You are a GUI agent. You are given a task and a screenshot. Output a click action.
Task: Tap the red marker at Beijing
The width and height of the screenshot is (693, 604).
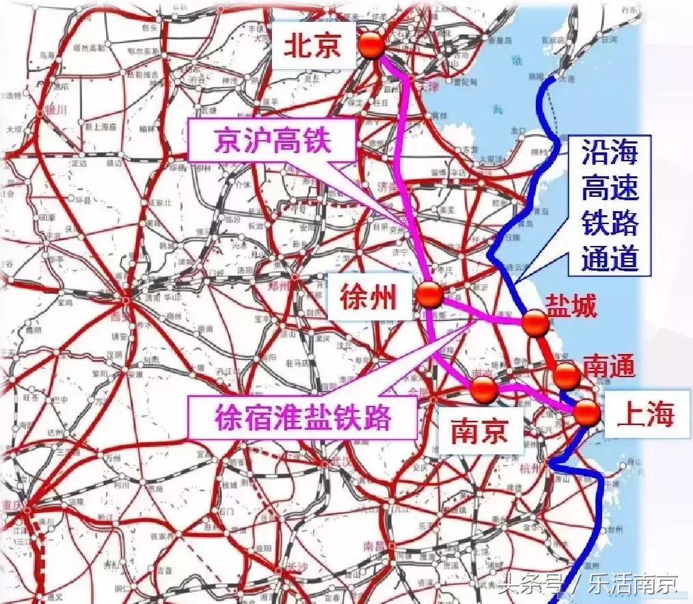tap(372, 45)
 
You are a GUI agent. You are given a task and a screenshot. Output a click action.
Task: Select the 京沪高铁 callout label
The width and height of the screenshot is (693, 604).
tap(272, 142)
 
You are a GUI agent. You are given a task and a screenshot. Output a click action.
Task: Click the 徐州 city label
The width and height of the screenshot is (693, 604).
tap(369, 297)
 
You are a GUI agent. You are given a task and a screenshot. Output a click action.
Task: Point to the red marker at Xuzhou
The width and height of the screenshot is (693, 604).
tap(431, 294)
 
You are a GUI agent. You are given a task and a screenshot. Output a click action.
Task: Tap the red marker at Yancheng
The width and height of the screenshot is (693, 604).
tap(534, 322)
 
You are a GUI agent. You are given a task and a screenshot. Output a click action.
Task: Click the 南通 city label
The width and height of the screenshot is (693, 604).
tap(608, 366)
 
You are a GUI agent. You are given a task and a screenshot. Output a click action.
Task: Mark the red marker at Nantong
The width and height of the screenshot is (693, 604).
tap(567, 375)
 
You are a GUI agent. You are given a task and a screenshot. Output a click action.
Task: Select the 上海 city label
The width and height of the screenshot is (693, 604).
tap(645, 414)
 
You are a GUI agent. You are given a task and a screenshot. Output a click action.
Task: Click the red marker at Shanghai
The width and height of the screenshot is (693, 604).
tap(586, 413)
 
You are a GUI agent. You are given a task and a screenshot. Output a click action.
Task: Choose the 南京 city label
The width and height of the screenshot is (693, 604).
tap(480, 432)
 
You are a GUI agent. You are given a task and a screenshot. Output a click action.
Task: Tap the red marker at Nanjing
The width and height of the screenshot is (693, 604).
tap(485, 389)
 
